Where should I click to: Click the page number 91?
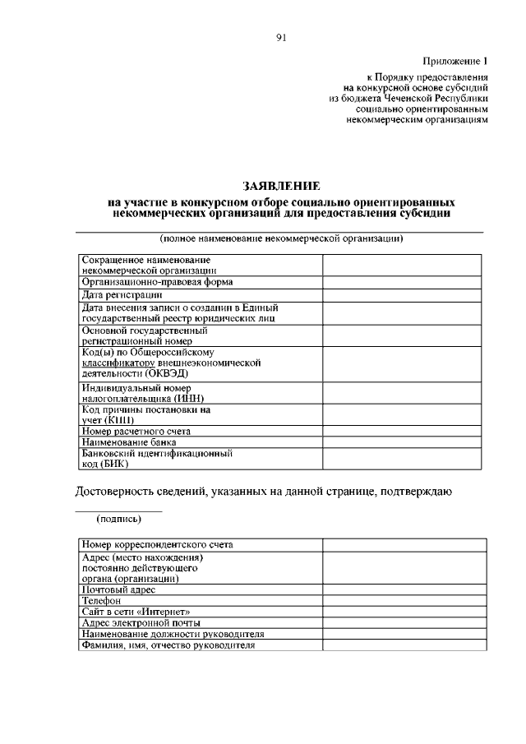(x=281, y=36)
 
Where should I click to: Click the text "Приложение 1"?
(x=455, y=62)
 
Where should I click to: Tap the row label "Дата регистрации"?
(x=122, y=294)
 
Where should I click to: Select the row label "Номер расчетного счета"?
(x=136, y=431)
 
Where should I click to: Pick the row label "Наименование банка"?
(x=128, y=441)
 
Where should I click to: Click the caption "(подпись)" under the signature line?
(x=118, y=520)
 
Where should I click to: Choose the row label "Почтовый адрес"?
(x=118, y=589)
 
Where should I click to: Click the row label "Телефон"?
(x=102, y=601)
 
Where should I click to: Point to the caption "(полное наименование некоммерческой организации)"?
(x=280, y=238)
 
